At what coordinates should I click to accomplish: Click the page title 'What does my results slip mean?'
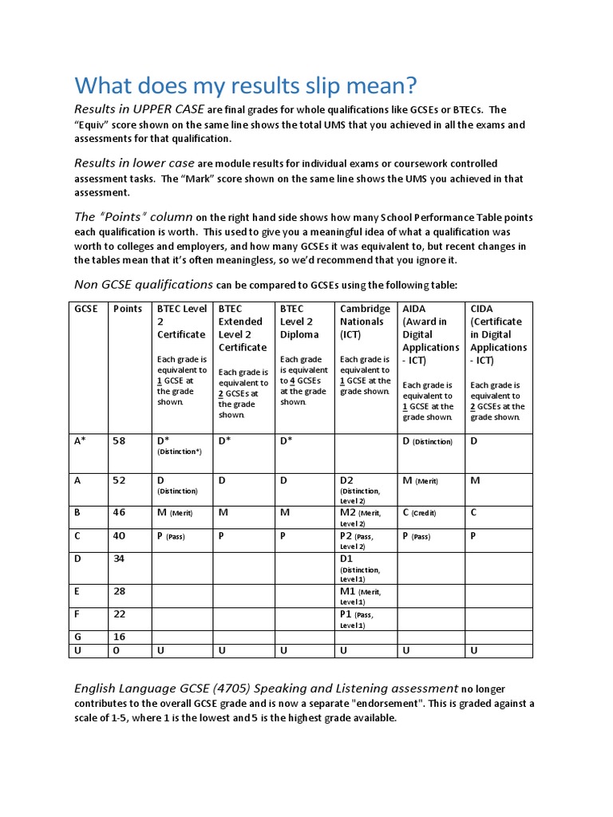click(246, 85)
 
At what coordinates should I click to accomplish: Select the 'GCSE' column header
click(86, 309)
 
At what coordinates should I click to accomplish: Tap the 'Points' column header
click(128, 309)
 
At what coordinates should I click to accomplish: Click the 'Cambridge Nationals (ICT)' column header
click(365, 322)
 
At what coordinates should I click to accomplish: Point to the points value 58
click(119, 441)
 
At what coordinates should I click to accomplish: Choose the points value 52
click(119, 480)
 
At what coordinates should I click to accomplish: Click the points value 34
click(119, 558)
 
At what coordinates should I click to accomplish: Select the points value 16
click(119, 637)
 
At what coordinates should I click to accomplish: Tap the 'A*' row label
click(81, 441)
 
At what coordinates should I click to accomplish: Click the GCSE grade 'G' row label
click(78, 637)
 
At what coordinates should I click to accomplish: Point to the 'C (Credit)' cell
click(420, 513)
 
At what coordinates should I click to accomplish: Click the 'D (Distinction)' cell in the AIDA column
click(428, 441)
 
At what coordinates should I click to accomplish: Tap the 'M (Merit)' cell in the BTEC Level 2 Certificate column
click(174, 513)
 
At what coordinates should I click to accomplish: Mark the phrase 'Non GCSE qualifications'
click(144, 284)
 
